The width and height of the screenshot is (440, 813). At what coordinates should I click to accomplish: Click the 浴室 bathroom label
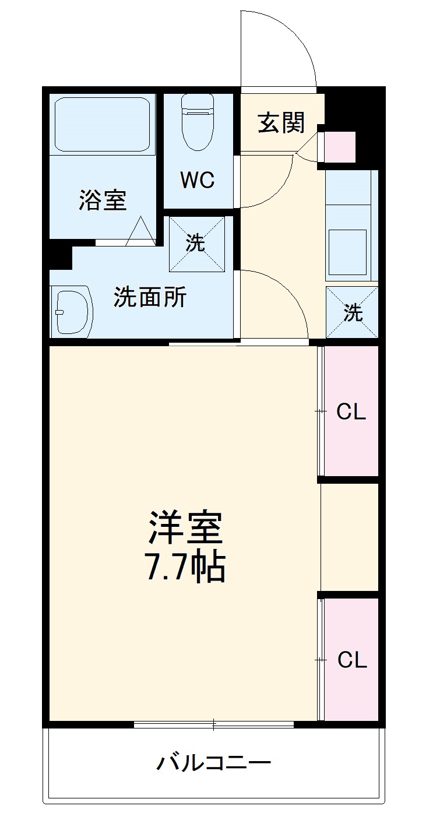(x=103, y=200)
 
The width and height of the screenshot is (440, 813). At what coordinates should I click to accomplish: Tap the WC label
(x=198, y=180)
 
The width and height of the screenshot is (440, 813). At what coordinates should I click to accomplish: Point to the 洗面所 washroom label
(x=150, y=297)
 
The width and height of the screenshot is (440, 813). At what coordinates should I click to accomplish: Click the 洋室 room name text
(x=185, y=529)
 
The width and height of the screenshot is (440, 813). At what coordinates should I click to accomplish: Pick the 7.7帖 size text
(x=185, y=567)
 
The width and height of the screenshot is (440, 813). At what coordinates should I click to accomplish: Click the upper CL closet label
(x=351, y=412)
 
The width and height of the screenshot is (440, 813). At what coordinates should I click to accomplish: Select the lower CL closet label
(x=352, y=660)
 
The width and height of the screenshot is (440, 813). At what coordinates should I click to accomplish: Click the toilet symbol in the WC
(x=198, y=122)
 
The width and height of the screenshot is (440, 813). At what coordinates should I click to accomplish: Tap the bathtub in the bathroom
(x=103, y=124)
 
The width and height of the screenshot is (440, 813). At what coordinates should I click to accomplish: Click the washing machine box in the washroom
(x=197, y=244)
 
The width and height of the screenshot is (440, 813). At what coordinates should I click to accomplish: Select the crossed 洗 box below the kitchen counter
(x=352, y=312)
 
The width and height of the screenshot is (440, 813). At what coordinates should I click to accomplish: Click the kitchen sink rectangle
(x=347, y=252)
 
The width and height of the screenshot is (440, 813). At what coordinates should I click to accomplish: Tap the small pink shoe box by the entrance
(x=339, y=147)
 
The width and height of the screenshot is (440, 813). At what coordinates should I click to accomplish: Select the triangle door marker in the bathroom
(x=140, y=231)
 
